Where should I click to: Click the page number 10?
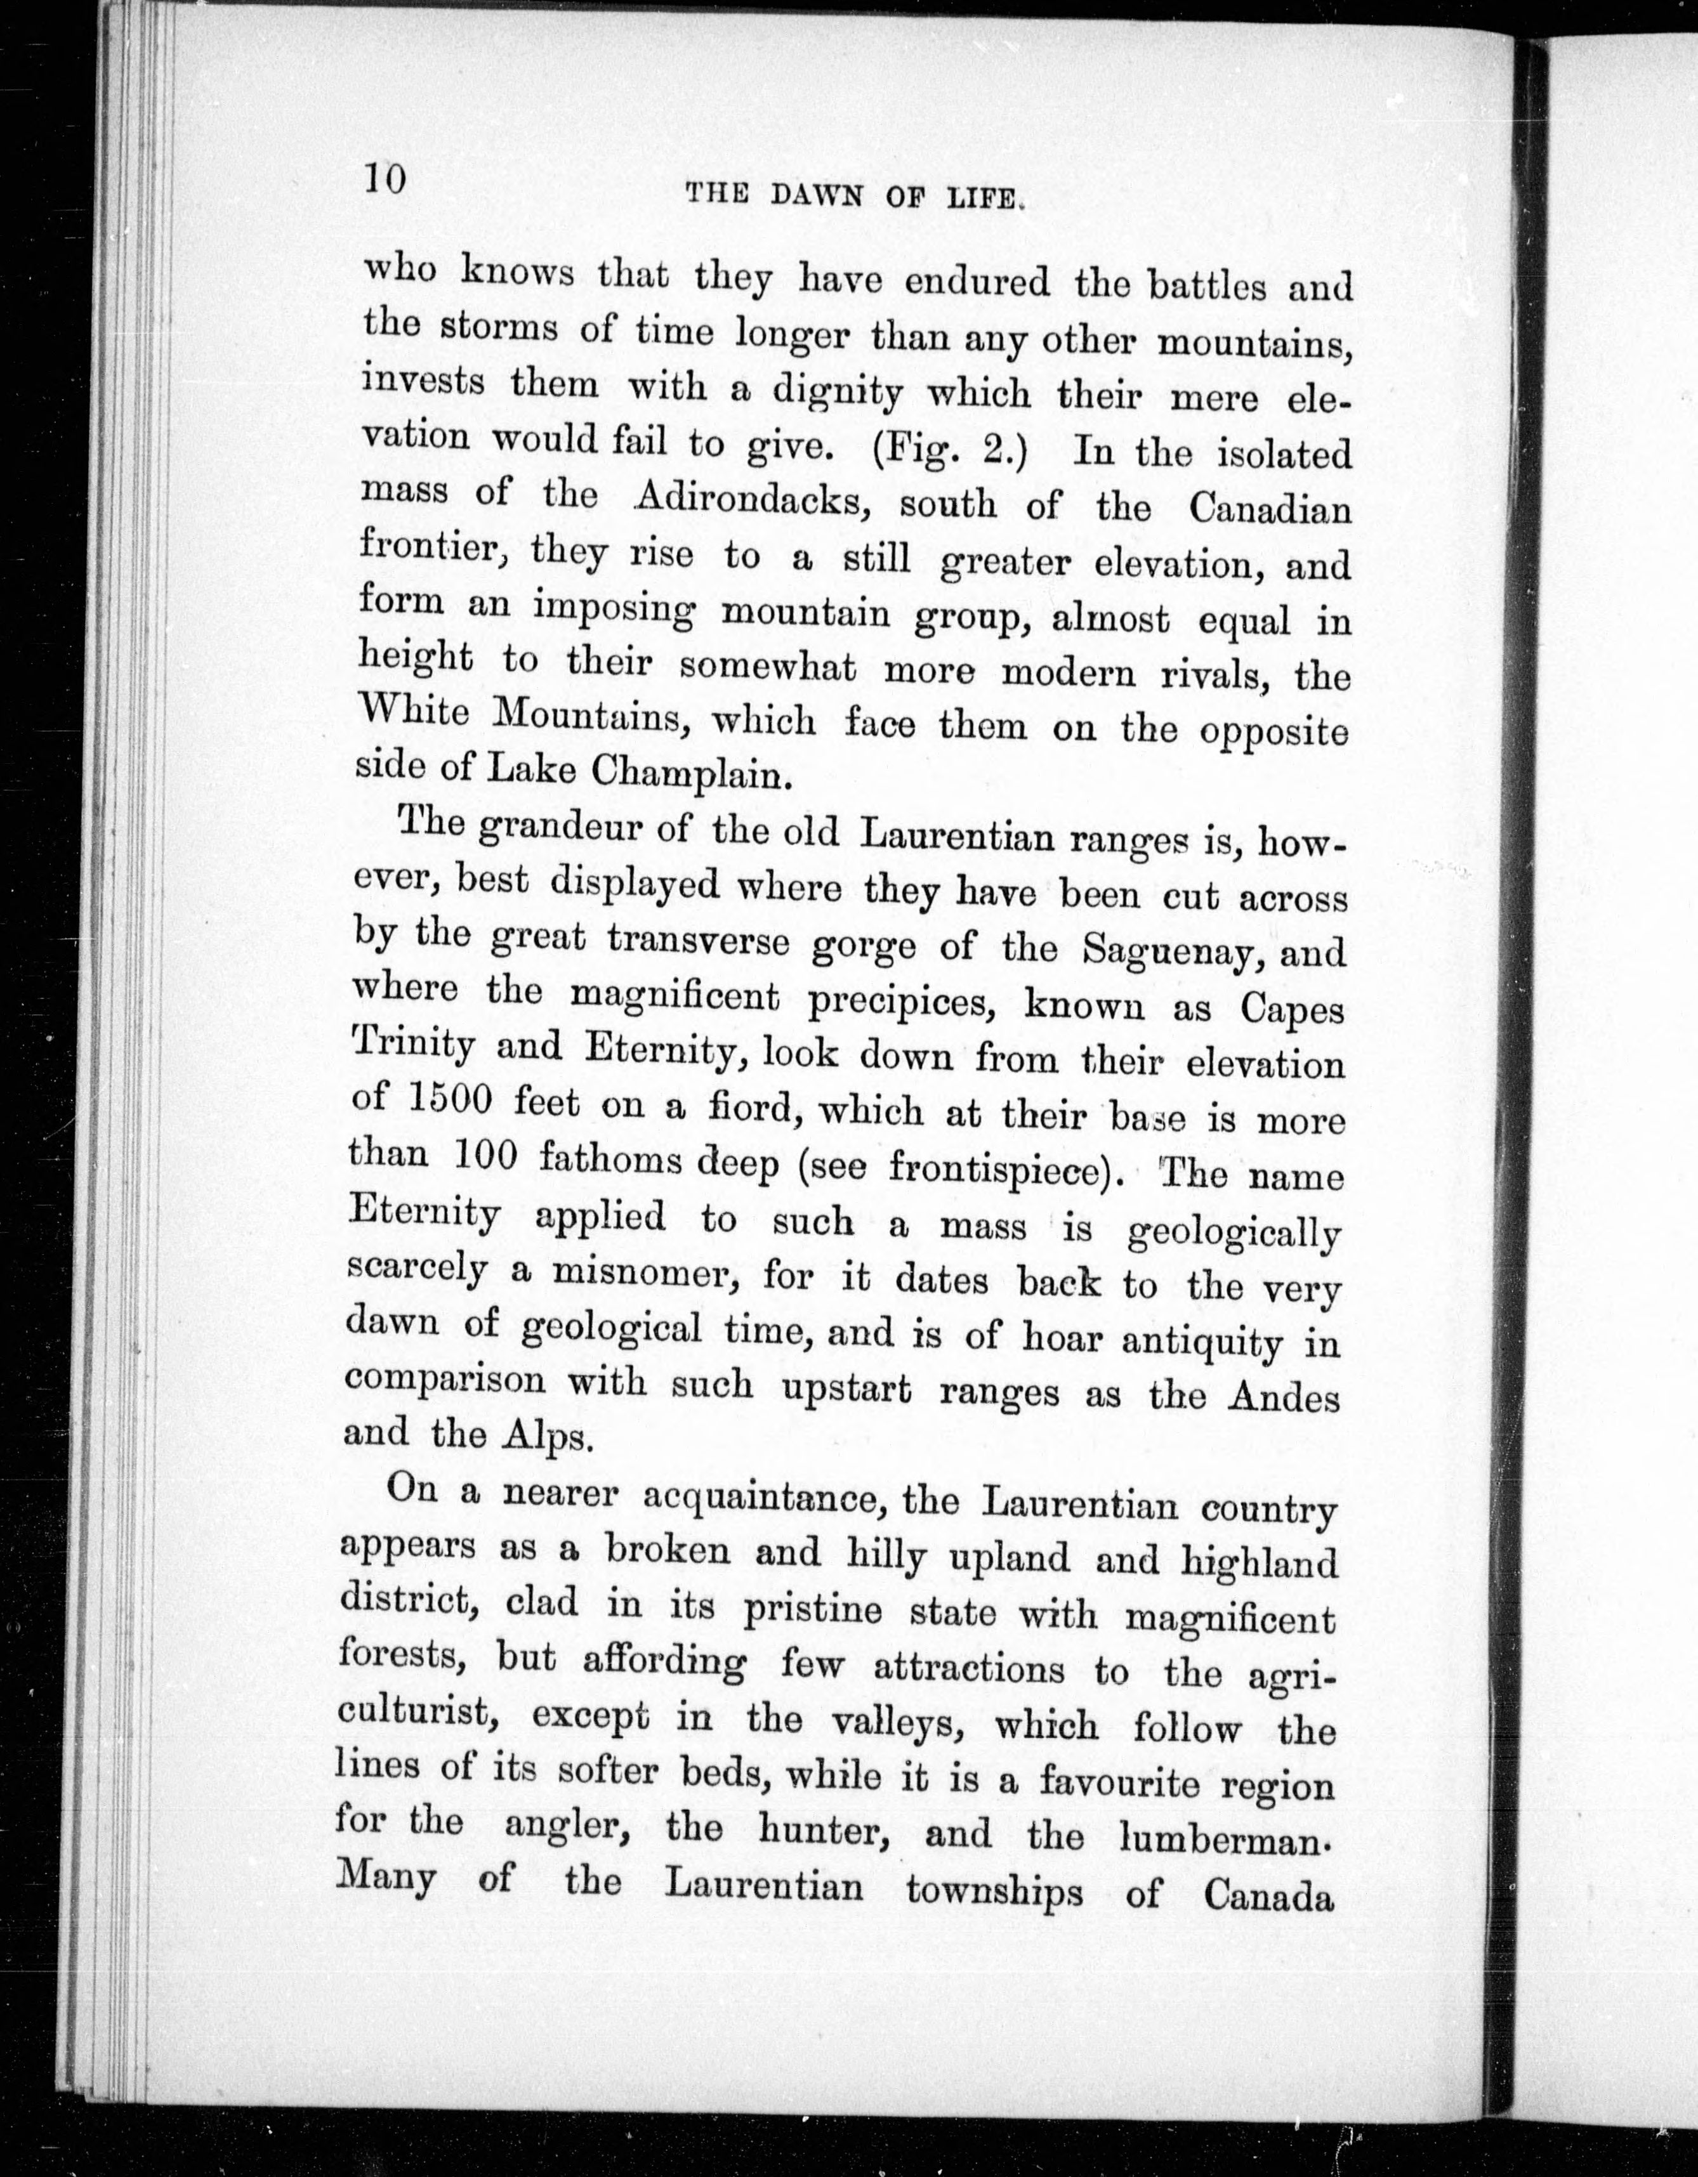(x=384, y=180)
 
